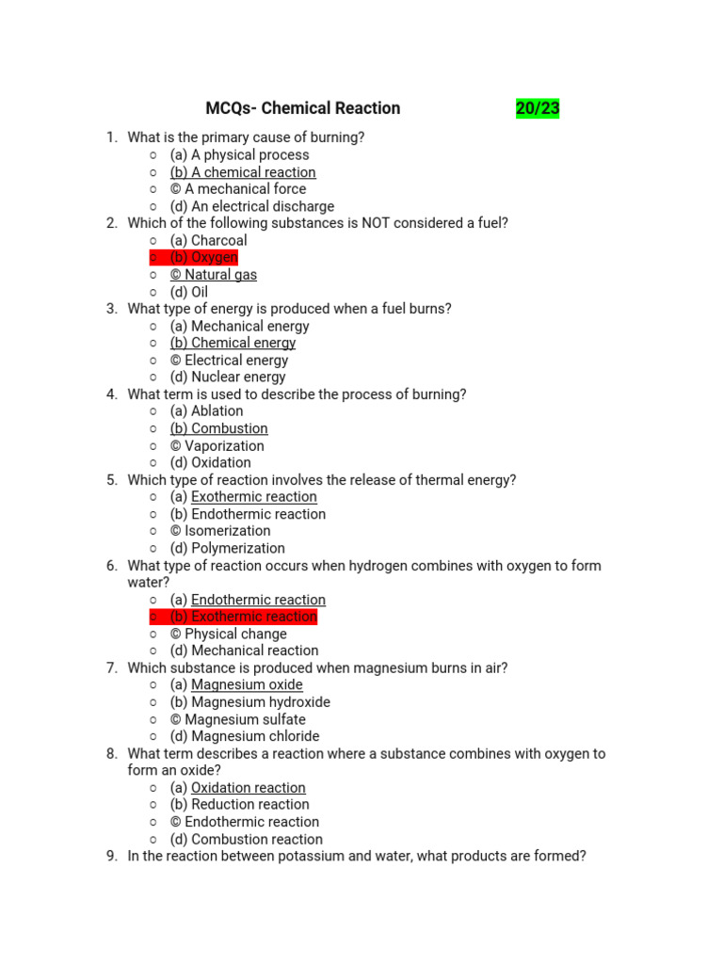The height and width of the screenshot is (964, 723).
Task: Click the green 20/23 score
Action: pyautogui.click(x=538, y=108)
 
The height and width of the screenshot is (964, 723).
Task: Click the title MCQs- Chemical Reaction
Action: pyautogui.click(x=302, y=108)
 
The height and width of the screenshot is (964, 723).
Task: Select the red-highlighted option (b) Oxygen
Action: pyautogui.click(x=204, y=257)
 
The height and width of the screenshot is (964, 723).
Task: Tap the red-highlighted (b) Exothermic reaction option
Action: pyautogui.click(x=244, y=617)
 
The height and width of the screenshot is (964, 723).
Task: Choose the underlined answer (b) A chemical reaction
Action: pyautogui.click(x=243, y=172)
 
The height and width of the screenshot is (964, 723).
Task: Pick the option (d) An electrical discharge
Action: pyautogui.click(x=252, y=206)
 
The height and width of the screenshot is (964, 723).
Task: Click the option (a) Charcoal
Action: pyautogui.click(x=208, y=240)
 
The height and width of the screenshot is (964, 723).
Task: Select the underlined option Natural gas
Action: pyautogui.click(x=214, y=275)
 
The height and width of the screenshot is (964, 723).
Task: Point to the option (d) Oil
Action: pyautogui.click(x=189, y=292)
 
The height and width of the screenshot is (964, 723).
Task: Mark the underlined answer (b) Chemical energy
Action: pyautogui.click(x=233, y=343)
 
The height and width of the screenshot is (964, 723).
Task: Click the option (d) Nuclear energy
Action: pyautogui.click(x=228, y=377)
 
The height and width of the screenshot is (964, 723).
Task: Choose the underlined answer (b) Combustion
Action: pyautogui.click(x=219, y=428)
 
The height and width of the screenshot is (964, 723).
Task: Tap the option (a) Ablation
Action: pyautogui.click(x=206, y=410)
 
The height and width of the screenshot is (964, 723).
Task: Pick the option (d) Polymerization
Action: pyautogui.click(x=228, y=548)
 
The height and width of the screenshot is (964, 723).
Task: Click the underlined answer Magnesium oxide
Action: pyautogui.click(x=247, y=684)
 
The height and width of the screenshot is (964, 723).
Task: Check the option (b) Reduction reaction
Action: pyautogui.click(x=240, y=804)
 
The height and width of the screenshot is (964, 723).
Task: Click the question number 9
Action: pyautogui.click(x=111, y=857)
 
